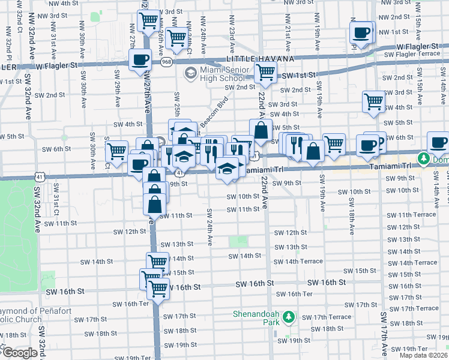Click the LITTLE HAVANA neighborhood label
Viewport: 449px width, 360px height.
click(x=260, y=58)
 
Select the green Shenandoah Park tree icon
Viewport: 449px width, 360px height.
click(x=289, y=316)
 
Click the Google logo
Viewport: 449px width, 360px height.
click(x=19, y=353)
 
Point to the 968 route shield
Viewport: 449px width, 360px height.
click(x=165, y=61)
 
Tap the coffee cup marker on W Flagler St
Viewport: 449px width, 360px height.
click(x=140, y=60)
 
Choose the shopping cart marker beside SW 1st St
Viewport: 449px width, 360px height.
click(x=265, y=73)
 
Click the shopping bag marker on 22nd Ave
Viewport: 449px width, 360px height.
click(x=261, y=130)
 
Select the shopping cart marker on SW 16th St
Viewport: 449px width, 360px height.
click(x=158, y=289)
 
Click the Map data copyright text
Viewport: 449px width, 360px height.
click(x=423, y=355)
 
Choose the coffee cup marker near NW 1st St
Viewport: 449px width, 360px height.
click(x=363, y=32)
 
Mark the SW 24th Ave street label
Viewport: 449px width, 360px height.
click(x=209, y=227)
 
